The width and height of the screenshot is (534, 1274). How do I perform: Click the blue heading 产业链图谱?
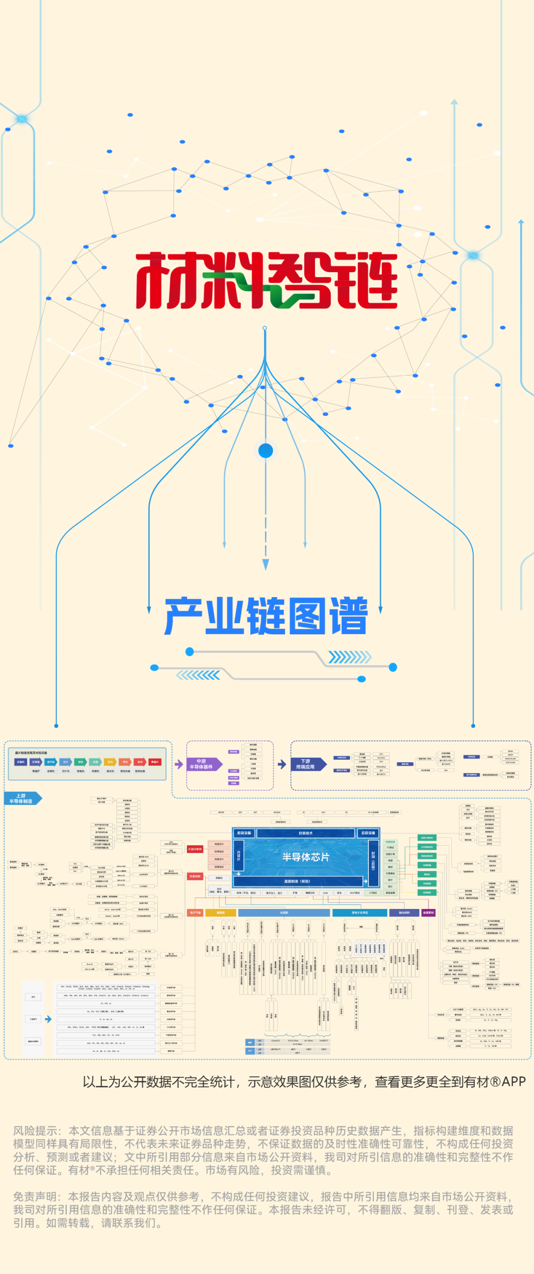click(x=266, y=616)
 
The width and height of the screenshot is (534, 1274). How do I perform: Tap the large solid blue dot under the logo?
click(x=266, y=451)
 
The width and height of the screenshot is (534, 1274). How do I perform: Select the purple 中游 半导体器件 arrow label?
click(x=202, y=764)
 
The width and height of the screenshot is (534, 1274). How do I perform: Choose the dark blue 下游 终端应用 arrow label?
click(x=307, y=764)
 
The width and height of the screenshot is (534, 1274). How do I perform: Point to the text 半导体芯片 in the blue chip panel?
click(x=306, y=857)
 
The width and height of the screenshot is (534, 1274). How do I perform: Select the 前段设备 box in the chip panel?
click(x=243, y=833)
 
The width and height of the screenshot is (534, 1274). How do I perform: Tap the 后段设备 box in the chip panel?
click(x=368, y=833)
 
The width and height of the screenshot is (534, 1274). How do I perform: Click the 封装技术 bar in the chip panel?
click(x=306, y=833)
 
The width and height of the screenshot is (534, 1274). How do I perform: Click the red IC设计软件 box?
click(x=195, y=849)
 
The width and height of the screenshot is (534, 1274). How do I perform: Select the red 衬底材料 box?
click(x=195, y=876)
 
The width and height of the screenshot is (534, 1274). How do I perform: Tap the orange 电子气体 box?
click(x=195, y=912)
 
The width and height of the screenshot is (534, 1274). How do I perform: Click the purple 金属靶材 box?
click(x=428, y=912)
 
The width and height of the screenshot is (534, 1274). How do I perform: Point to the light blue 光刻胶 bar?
click(x=284, y=912)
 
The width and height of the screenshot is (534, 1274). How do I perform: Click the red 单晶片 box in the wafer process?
click(x=155, y=762)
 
